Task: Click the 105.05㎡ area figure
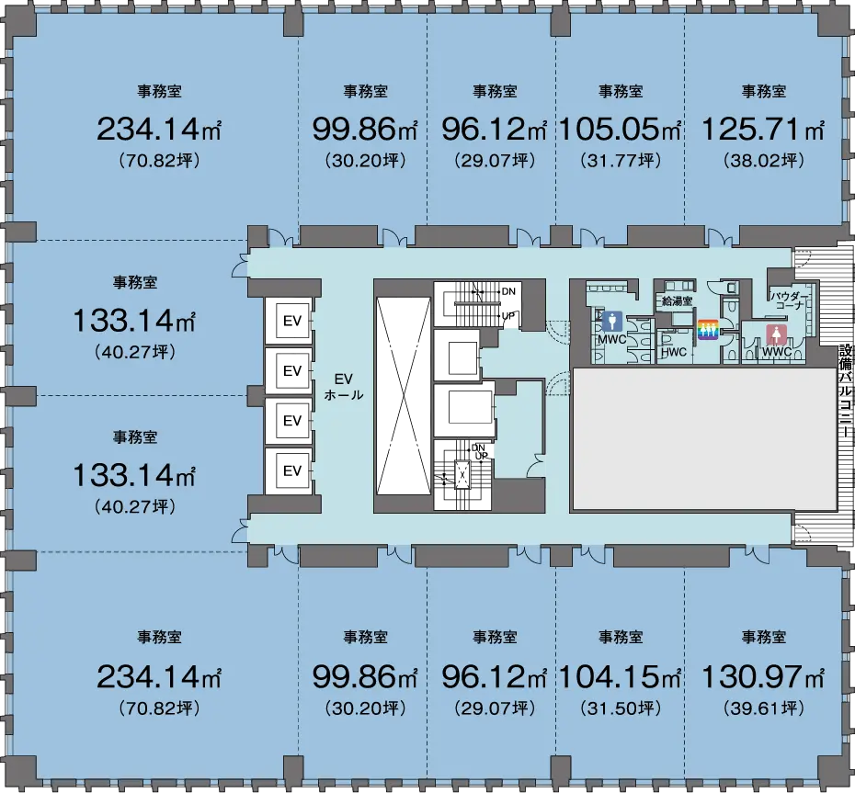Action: coord(620,130)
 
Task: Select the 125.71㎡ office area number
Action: coord(763,130)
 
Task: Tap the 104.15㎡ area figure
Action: coord(620,677)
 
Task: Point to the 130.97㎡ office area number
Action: coord(763,677)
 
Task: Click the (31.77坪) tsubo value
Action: coord(621,160)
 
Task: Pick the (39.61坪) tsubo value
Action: coord(764,708)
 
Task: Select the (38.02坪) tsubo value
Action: coord(764,160)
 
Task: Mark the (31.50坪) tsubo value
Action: coord(621,708)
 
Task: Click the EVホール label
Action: coord(344,387)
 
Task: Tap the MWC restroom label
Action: coord(611,340)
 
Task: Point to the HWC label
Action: coord(674,352)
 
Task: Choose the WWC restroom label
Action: coord(777,352)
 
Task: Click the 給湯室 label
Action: coord(677,300)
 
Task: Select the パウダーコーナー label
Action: coord(788,300)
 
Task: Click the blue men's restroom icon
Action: coord(612,322)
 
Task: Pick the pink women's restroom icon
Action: coord(777,334)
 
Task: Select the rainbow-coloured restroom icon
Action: coord(708,329)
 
